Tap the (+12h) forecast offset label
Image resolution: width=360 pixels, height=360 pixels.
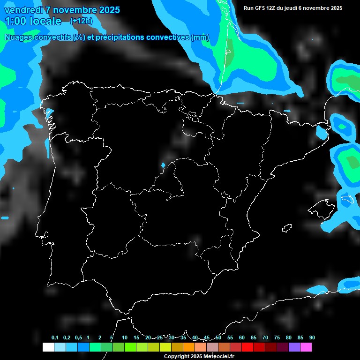tap(81, 21)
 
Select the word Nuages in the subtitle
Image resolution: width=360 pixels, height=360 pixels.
tap(18, 37)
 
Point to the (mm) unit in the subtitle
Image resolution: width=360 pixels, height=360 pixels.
tap(200, 37)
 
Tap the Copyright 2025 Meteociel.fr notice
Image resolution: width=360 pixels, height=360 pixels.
tap(199, 356)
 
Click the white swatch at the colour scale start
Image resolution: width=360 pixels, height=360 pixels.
tap(48, 347)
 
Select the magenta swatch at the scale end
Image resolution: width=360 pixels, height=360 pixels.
tap(306, 347)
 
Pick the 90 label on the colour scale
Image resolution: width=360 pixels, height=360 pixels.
tap(312, 338)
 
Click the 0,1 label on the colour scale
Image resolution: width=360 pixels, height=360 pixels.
tap(55, 338)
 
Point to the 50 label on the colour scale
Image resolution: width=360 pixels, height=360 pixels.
tap(218, 338)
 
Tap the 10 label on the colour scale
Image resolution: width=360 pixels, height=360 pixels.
tap(124, 338)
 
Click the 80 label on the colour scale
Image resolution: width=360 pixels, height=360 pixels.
tap(288, 338)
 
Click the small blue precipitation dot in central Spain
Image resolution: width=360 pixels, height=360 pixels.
tap(163, 165)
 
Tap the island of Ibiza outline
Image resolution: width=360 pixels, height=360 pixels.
tap(287, 228)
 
